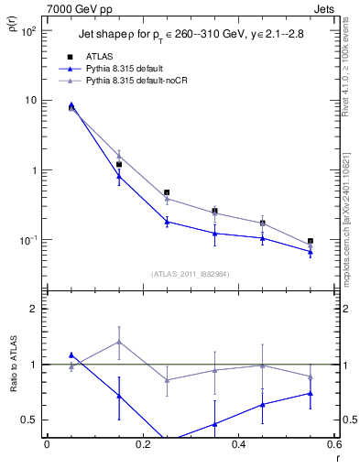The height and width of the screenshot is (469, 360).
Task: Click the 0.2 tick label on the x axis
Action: [x=142, y=443]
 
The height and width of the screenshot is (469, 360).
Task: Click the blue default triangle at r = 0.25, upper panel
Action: [x=167, y=222]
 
